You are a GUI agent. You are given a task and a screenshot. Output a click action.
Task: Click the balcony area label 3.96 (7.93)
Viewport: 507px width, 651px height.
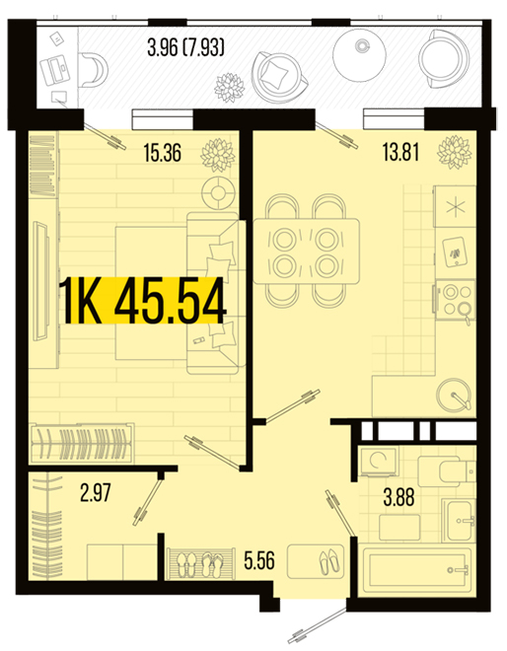(x=186, y=47)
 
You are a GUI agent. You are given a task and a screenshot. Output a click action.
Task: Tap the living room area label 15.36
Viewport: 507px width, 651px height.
(x=163, y=152)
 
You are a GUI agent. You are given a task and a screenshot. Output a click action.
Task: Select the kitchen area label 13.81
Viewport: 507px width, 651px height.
(x=400, y=152)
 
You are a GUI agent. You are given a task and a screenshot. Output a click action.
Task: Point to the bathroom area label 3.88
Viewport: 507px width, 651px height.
(x=398, y=497)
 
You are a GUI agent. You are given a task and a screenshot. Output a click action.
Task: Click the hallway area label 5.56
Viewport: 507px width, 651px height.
(x=259, y=560)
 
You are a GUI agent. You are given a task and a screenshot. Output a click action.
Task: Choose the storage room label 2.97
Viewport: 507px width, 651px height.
(x=96, y=493)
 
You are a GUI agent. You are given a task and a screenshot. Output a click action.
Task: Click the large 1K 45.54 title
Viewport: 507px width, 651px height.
(x=142, y=301)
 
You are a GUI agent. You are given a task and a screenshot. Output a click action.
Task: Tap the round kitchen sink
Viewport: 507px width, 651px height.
(x=454, y=395)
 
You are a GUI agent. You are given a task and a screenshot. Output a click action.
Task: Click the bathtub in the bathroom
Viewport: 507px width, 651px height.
(x=417, y=572)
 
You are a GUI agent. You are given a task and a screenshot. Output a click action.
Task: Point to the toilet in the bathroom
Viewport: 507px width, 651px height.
(x=446, y=471)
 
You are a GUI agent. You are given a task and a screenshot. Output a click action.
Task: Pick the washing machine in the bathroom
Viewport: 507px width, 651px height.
(x=379, y=462)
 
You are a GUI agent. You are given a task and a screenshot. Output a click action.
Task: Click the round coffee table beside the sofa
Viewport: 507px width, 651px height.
(x=218, y=193)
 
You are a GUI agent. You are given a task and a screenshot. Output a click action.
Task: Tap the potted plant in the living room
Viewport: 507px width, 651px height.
(x=218, y=155)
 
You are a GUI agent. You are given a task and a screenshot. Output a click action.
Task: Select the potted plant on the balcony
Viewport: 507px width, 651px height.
(x=229, y=88)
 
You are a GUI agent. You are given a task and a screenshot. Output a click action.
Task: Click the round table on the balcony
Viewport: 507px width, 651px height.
(x=360, y=55)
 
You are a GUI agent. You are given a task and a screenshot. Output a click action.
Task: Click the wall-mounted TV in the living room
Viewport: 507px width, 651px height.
(x=41, y=281)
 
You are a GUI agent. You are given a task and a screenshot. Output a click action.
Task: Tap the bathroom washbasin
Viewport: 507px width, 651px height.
(x=459, y=521)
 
